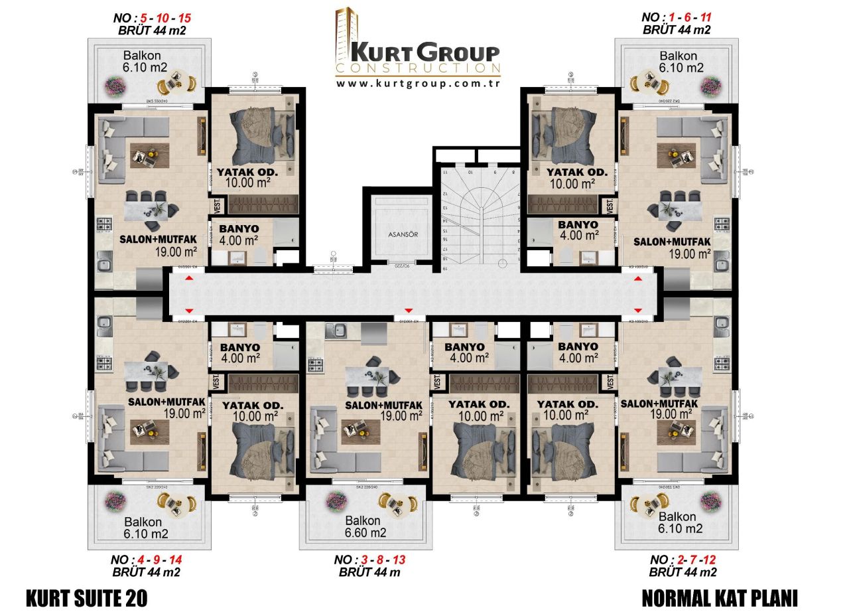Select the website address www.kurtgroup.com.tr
point(417,84)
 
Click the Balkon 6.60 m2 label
point(363,526)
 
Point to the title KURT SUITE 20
point(86,597)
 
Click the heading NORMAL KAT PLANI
point(720,597)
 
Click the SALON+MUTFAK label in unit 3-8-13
point(384,405)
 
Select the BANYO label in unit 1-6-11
point(578,225)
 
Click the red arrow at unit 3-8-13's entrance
point(409,311)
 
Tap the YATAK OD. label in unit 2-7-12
point(568,404)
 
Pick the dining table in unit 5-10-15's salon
point(149,210)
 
